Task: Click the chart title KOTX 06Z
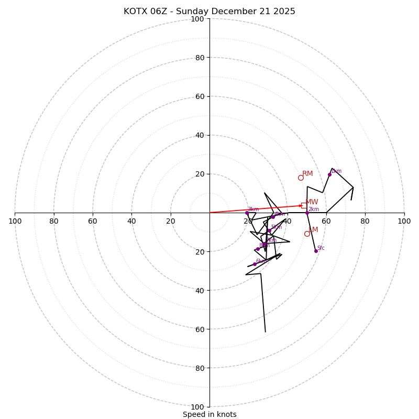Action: [210, 12]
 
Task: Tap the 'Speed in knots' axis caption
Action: [210, 414]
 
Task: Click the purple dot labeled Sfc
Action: [316, 251]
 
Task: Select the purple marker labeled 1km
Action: [329, 174]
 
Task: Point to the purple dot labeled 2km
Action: [307, 213]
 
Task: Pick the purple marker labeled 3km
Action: [247, 213]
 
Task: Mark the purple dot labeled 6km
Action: [255, 264]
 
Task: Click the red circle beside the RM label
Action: [301, 178]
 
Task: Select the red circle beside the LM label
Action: [307, 234]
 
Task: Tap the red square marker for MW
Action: [304, 205]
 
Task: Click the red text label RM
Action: [307, 174]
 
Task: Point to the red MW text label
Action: [312, 202]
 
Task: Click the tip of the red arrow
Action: [303, 205]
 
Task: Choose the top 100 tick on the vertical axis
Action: [197, 19]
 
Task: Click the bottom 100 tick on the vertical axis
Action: [197, 407]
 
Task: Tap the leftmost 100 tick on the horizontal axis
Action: [15, 221]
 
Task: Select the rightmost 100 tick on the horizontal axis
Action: [404, 221]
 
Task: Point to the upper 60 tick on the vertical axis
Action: [200, 96]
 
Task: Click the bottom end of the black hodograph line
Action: [265, 332]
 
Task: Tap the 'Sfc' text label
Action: [321, 248]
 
